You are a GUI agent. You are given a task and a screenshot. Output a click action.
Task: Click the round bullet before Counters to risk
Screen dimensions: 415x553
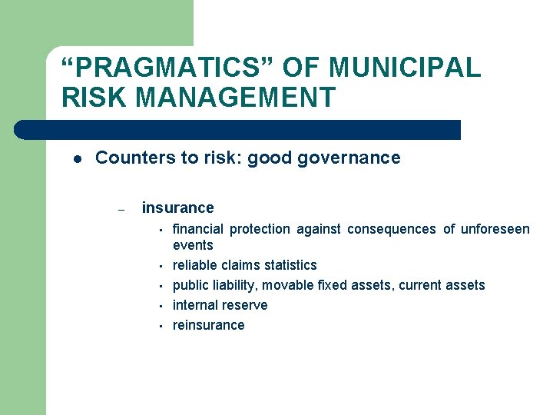pos(78,159)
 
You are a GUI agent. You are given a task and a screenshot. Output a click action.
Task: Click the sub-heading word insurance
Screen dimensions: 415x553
pos(177,207)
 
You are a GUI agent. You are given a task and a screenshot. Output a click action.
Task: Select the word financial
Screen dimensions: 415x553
pos(198,229)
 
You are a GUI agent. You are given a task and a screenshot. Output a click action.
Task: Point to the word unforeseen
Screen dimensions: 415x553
pos(495,229)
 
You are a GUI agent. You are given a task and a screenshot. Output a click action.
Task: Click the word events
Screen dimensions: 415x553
pos(193,245)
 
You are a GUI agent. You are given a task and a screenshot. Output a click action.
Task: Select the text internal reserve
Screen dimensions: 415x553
pos(220,305)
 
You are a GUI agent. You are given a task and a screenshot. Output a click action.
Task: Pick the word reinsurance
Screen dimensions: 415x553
pos(208,325)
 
